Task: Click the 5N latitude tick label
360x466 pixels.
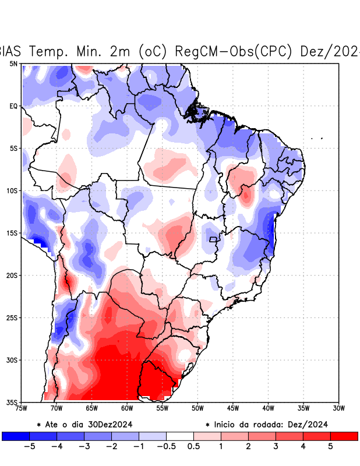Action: click(13, 63)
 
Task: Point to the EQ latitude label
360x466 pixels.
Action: click(13, 106)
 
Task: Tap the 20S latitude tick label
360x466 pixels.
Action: click(12, 275)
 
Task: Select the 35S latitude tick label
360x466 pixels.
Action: click(12, 402)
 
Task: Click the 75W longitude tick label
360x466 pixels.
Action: click(21, 408)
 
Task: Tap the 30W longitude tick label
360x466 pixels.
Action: click(338, 408)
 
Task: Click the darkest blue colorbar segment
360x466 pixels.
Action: click(16, 436)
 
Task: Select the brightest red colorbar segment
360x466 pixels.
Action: click(344, 436)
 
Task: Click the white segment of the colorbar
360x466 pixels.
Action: click(180, 436)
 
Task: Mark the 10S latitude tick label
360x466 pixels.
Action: click(12, 190)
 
